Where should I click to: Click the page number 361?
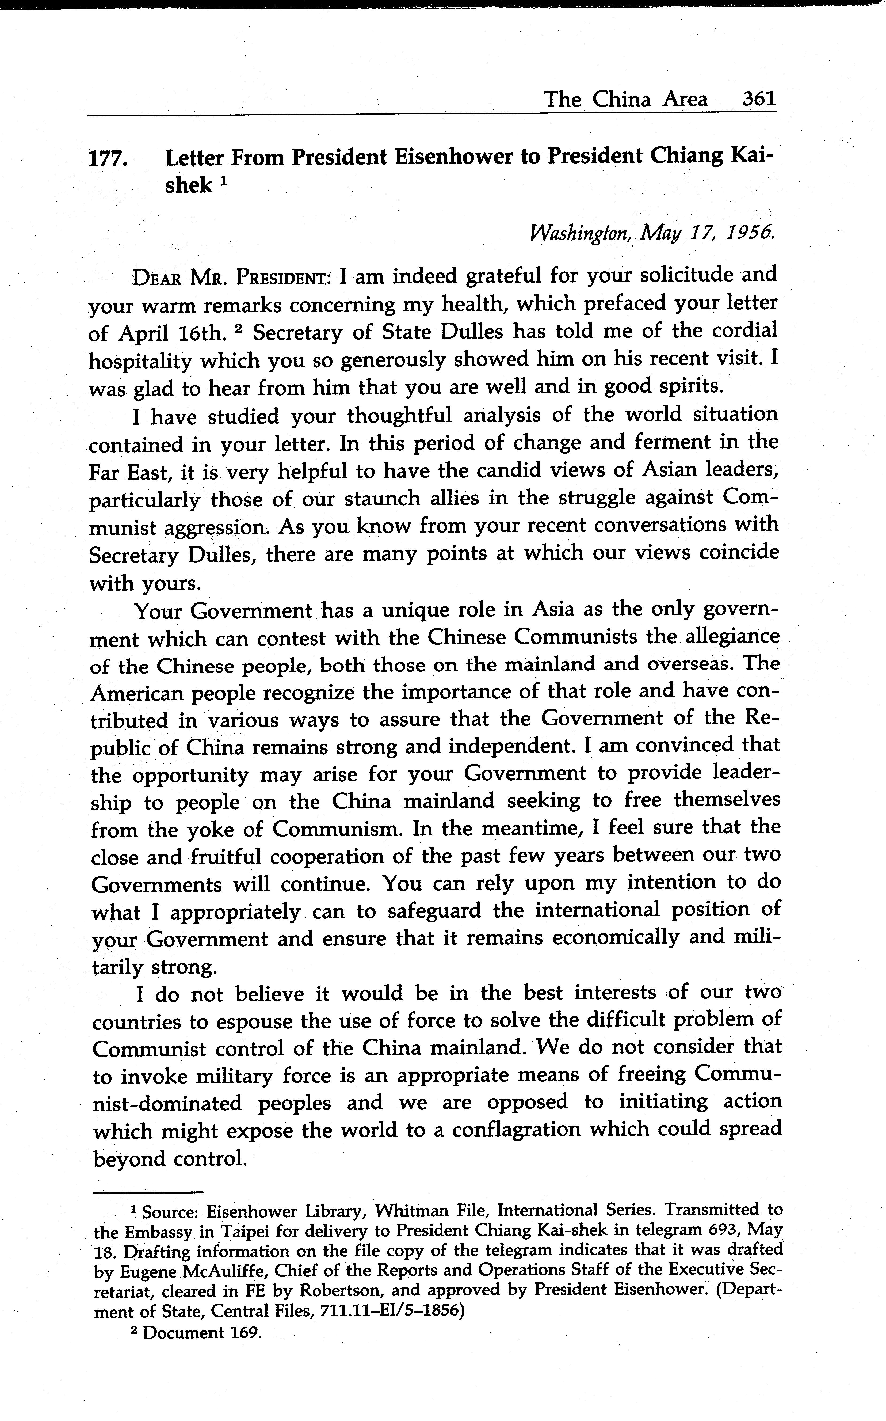pos(759,98)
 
